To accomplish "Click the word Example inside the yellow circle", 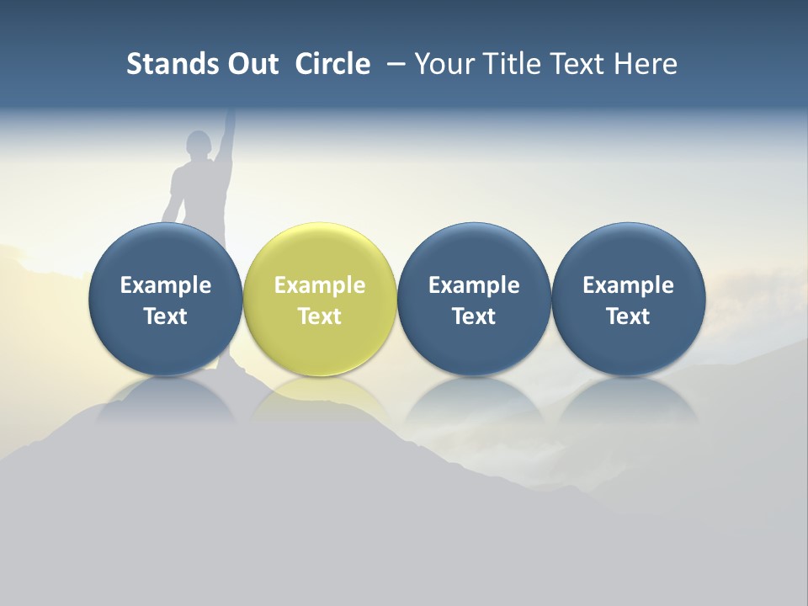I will (x=320, y=285).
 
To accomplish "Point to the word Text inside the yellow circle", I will (x=320, y=316).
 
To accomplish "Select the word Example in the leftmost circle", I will (x=165, y=285).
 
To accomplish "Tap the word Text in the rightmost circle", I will (x=628, y=316).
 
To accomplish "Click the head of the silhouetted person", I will (x=199, y=145).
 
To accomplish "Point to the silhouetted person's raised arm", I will (x=226, y=139).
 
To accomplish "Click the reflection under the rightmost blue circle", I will (x=628, y=399).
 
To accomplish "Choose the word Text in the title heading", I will (x=577, y=64).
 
